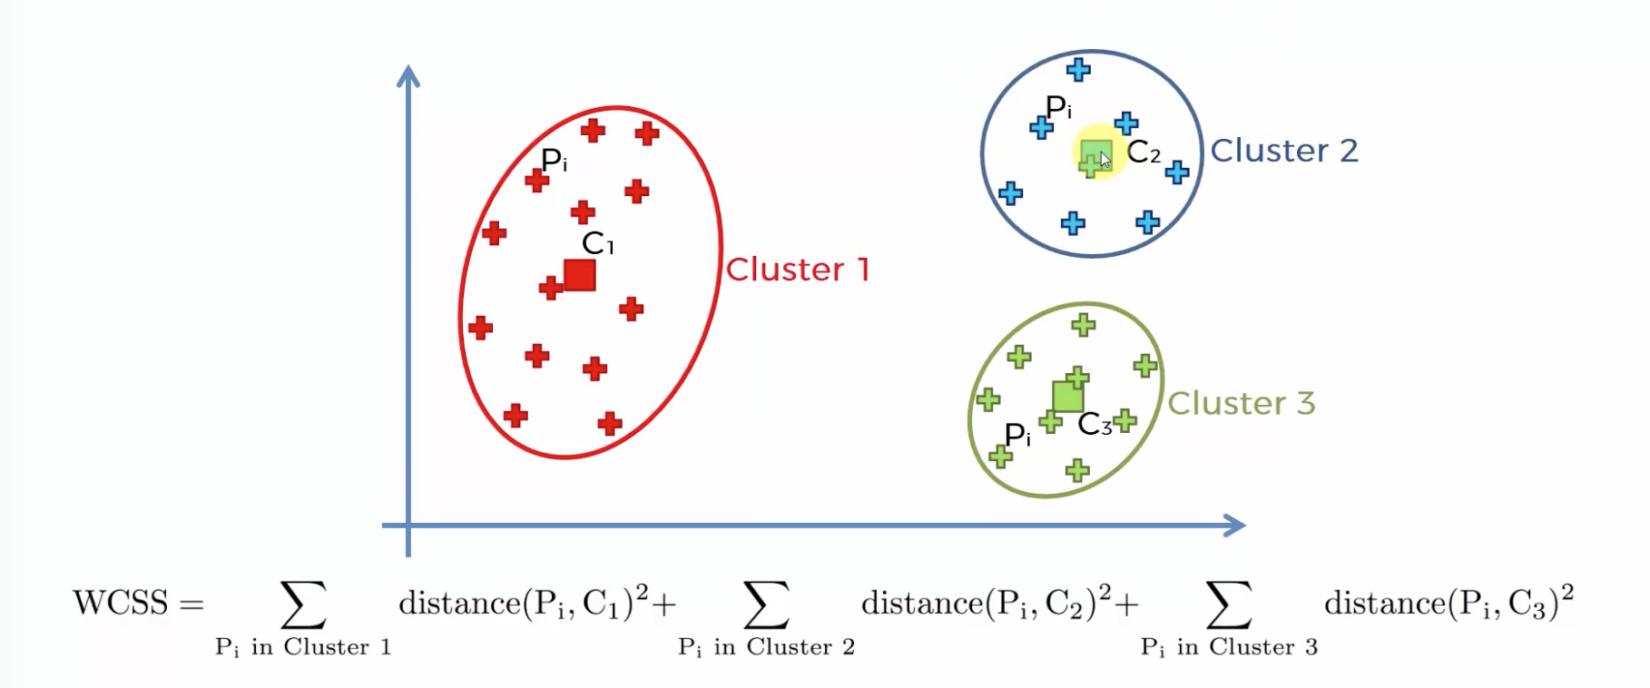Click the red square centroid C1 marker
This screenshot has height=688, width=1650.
click(x=579, y=275)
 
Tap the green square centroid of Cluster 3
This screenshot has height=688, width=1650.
click(x=1067, y=397)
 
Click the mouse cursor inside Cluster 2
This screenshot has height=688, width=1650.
click(x=1105, y=160)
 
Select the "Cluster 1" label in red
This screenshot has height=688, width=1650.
click(x=798, y=269)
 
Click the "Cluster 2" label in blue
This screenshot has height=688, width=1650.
click(x=1284, y=151)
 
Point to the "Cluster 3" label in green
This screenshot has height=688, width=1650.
click(x=1241, y=403)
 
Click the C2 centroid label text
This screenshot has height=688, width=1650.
click(x=1144, y=152)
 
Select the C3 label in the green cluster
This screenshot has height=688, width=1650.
click(x=1095, y=424)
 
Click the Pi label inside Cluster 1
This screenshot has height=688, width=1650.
click(x=554, y=161)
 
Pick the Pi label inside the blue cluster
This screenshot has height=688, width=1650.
click(x=1058, y=107)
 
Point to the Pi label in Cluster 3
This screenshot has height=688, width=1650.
click(x=1017, y=435)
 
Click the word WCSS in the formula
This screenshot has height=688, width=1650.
click(x=121, y=603)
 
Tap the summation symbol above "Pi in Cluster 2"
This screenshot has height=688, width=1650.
click(x=766, y=604)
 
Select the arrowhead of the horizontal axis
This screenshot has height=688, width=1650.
click(x=1235, y=525)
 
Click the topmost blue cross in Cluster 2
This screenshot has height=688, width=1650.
click(x=1078, y=69)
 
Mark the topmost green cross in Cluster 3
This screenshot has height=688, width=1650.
click(x=1083, y=325)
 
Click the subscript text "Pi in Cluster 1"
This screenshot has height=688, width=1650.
click(x=303, y=647)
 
